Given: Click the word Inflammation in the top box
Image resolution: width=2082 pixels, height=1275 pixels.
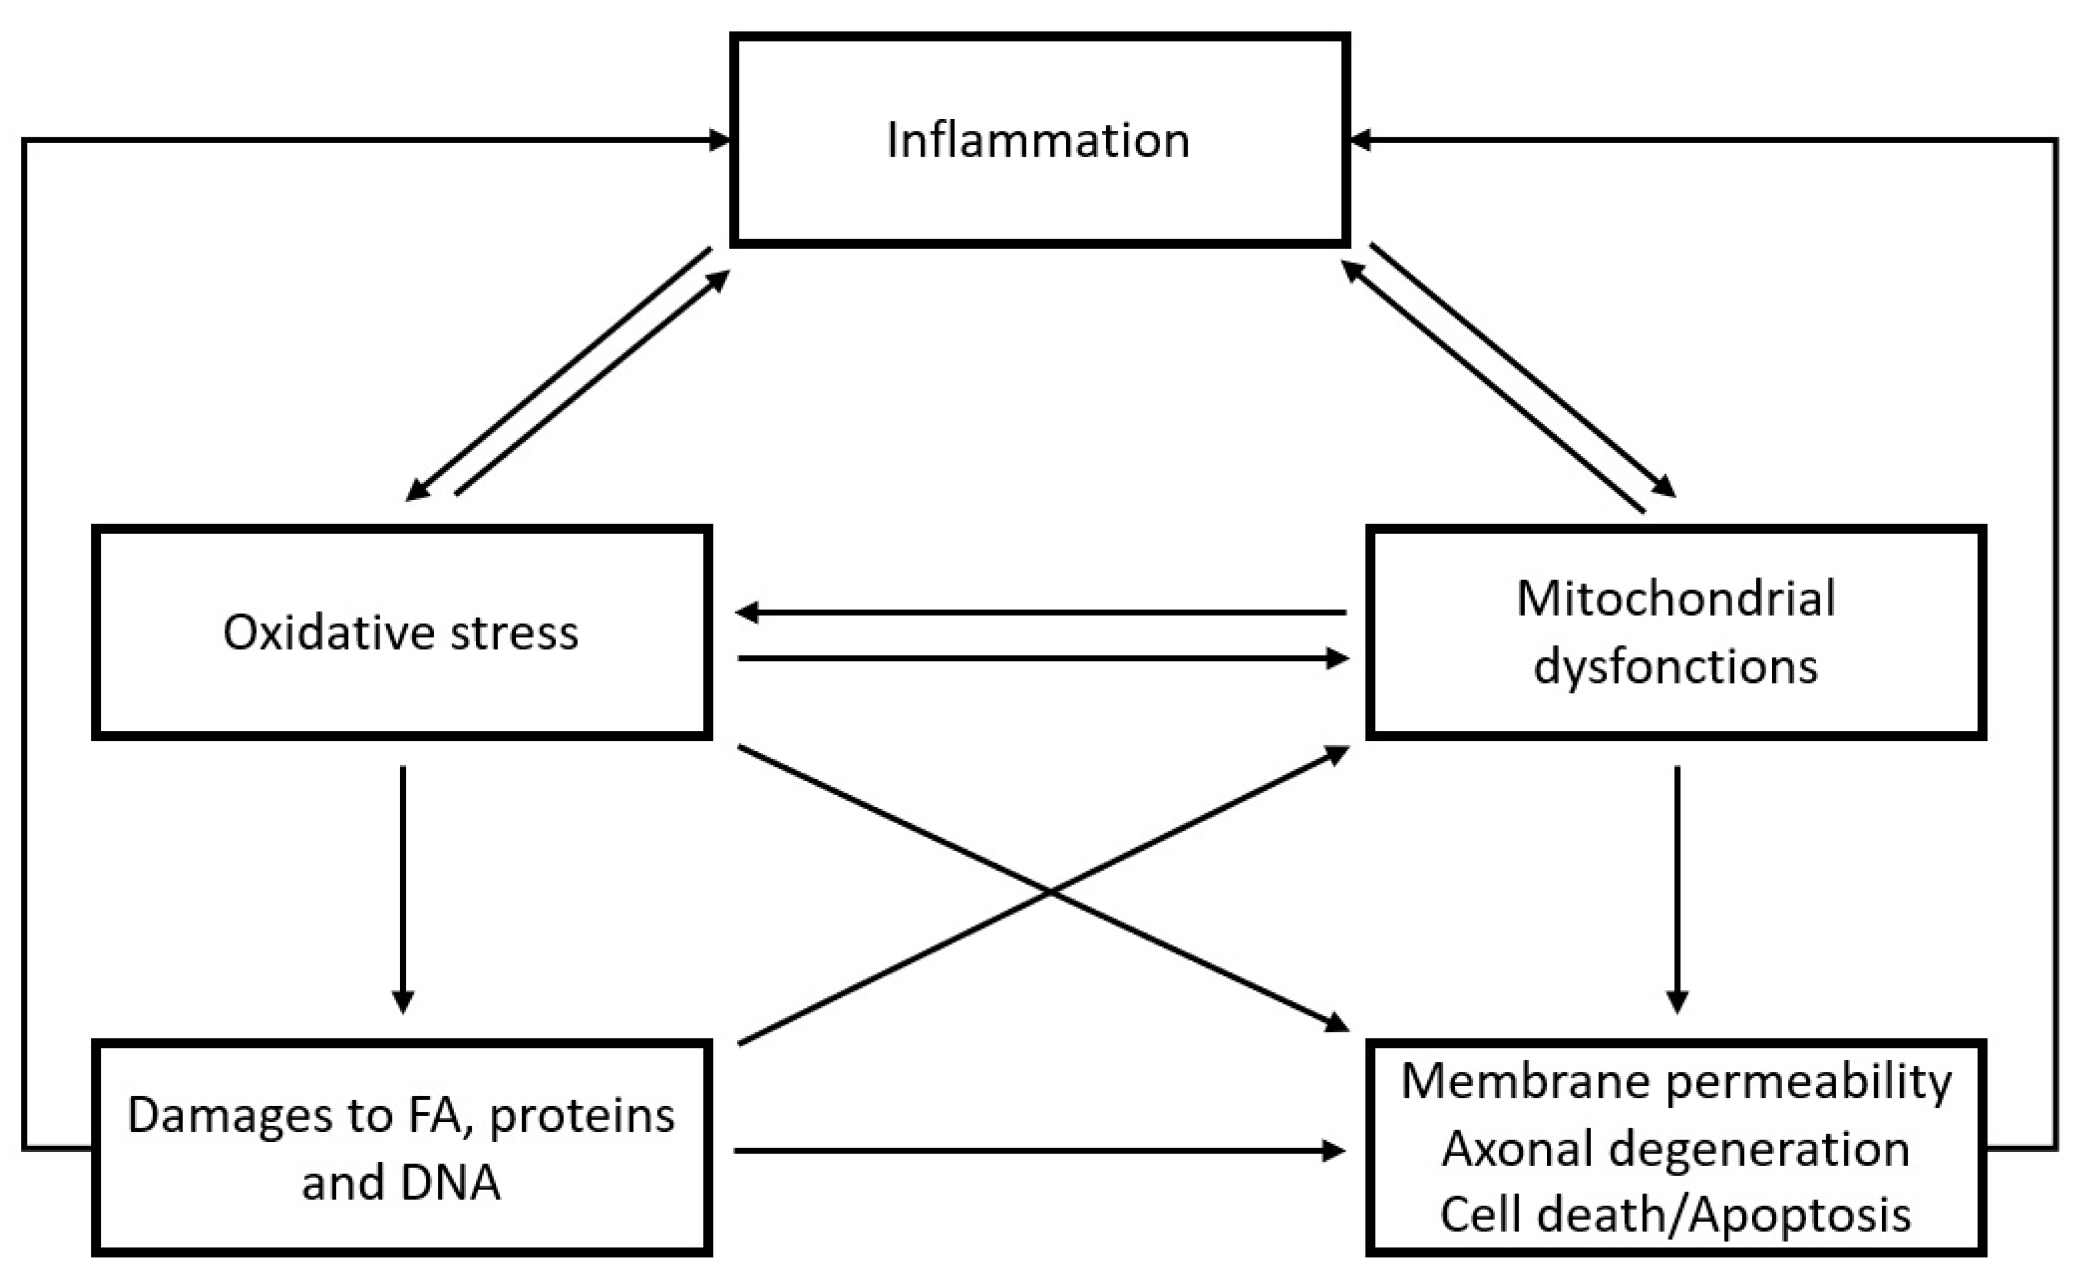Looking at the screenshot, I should (x=1037, y=140).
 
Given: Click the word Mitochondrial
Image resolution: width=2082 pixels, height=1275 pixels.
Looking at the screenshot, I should (x=1675, y=599).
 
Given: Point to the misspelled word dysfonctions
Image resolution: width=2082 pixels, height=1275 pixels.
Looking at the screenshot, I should (x=1675, y=667).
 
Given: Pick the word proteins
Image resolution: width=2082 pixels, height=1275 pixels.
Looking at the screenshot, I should (x=582, y=1115).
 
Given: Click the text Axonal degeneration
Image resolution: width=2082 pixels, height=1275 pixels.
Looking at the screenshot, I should (x=1675, y=1149).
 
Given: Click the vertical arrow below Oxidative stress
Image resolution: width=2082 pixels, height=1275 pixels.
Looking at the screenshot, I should (x=403, y=887).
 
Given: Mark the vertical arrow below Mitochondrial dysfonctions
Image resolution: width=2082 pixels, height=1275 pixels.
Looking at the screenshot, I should (x=1677, y=887).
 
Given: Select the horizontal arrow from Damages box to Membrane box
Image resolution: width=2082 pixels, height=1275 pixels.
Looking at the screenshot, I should (x=1039, y=1150).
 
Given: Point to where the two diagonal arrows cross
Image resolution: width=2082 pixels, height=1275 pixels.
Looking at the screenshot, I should (x=1050, y=891).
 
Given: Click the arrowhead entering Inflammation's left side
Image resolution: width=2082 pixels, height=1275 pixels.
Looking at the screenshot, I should (x=720, y=140).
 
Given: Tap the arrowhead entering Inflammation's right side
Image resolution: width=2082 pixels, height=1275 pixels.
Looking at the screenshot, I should (x=1358, y=140).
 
